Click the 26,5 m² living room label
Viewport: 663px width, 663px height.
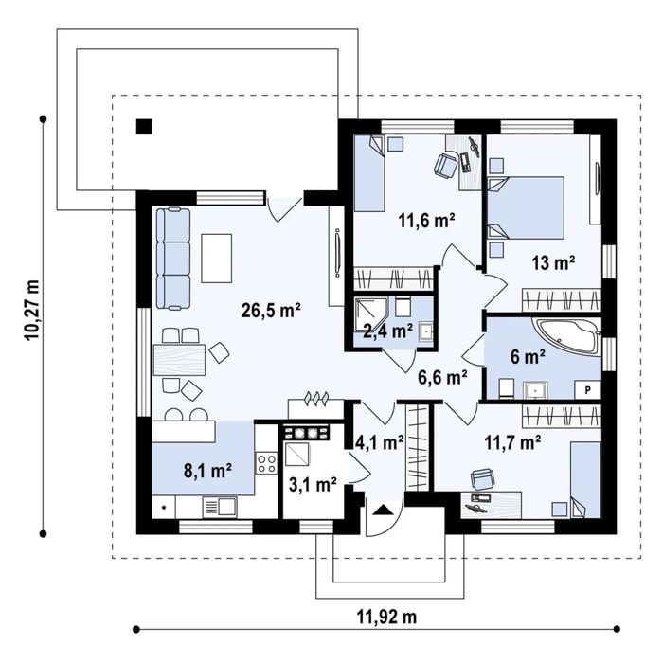point(271,311)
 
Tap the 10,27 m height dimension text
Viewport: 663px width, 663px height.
point(32,310)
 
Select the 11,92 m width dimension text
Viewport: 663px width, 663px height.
point(386,617)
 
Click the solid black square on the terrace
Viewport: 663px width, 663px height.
point(144,127)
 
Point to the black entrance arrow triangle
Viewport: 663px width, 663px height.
point(383,511)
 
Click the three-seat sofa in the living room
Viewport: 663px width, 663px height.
point(173,259)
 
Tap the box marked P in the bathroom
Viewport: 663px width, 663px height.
point(587,390)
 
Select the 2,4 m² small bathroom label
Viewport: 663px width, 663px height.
point(388,331)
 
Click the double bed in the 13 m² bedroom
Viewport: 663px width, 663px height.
point(526,207)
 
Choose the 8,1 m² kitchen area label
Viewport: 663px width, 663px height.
point(207,470)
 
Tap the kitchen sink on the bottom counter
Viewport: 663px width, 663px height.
point(220,507)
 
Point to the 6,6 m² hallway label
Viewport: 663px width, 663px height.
point(442,377)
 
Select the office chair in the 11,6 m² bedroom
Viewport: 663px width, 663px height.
point(446,164)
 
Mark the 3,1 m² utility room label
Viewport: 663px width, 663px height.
point(313,485)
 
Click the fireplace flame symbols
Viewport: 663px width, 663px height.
point(316,399)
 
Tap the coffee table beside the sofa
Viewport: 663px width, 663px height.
point(217,259)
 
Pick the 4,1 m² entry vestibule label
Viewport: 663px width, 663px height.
point(379,442)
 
